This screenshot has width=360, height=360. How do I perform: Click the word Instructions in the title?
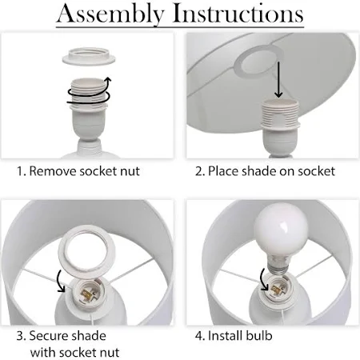tap(238, 13)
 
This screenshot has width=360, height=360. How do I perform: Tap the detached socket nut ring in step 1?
tap(89, 56)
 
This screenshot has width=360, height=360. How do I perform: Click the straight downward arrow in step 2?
tap(278, 80)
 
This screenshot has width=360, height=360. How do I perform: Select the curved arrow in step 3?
tap(61, 282)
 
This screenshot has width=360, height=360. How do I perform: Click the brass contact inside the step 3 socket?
tap(87, 294)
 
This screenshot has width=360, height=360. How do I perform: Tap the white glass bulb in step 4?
tap(280, 230)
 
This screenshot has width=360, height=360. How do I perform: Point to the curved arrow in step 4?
tap(264, 279)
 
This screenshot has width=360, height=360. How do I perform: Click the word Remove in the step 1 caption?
tap(53, 171)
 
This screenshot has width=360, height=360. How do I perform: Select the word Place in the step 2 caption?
tap(223, 171)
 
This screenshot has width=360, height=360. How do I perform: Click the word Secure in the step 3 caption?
tap(50, 336)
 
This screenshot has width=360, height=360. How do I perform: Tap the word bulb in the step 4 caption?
tap(259, 336)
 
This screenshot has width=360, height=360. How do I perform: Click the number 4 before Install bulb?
tap(198, 336)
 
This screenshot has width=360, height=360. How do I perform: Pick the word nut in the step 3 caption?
tap(110, 353)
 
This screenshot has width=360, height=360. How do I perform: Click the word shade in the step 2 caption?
tap(258, 171)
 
